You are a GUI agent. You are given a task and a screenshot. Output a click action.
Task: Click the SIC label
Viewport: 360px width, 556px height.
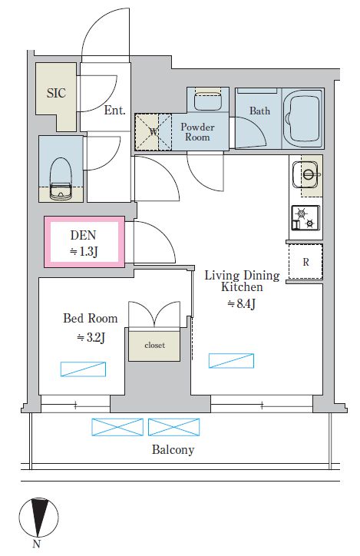point(56,93)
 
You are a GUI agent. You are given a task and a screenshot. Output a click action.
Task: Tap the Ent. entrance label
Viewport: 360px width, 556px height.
point(115,111)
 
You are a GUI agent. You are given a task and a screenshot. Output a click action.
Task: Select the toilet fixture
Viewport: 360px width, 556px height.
point(61,178)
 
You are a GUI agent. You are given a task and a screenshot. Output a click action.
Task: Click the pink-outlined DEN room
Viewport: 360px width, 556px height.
point(84,241)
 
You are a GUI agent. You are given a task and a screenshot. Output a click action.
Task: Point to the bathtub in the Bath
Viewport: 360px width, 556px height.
point(303,118)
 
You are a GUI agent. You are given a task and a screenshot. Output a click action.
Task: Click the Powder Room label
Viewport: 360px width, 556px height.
point(197,132)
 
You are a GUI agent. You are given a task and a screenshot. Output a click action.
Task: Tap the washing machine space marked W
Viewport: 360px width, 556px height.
point(153,132)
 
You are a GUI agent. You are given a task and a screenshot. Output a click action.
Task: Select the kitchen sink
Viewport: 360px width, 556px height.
point(306,174)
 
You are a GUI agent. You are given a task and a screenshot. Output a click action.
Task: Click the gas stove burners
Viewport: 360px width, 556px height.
point(306,217)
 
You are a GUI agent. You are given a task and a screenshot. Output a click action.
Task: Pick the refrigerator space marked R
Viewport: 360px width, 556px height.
point(306,262)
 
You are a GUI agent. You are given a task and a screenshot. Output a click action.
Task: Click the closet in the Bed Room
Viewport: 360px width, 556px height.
point(154,346)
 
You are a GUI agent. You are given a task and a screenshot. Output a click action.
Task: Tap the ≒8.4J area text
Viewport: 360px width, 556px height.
point(241,304)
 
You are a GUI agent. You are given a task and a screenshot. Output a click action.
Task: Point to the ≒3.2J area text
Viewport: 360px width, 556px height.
point(91,337)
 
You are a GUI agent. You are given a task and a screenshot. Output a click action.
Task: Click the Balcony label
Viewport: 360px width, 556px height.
point(173,449)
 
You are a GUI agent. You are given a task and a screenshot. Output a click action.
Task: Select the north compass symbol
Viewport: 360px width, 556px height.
point(38,517)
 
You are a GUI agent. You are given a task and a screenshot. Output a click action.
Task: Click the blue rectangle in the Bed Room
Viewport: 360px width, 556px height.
point(83,369)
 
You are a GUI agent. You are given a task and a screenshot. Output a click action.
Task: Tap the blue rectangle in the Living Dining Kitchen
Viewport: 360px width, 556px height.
point(231,361)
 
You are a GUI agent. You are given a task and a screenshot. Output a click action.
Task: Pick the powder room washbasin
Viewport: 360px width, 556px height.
point(208,101)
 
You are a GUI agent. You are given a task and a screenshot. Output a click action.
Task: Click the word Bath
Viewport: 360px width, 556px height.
point(259,111)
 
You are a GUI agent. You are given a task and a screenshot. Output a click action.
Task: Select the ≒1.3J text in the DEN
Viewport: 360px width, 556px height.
point(84,251)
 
